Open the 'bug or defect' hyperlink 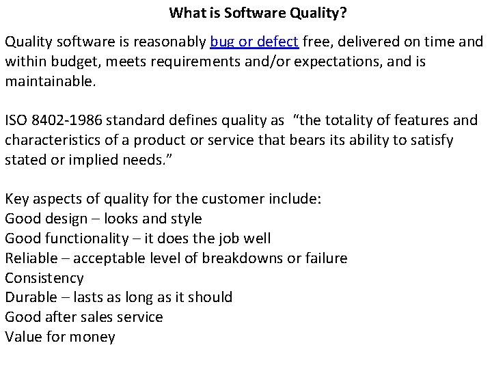click(254, 42)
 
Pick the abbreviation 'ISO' click(18, 122)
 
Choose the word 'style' click(186, 219)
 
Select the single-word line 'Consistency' click(44, 278)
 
